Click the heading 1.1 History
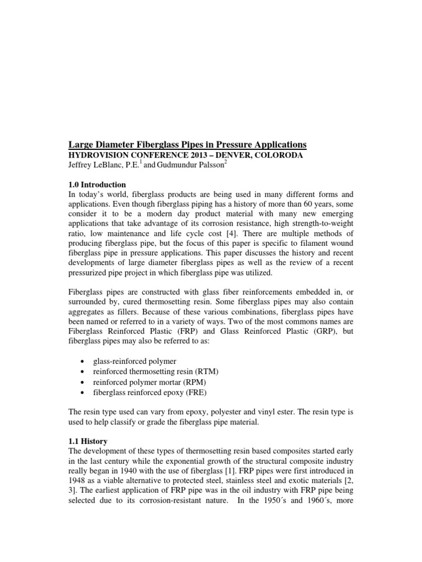point(88,441)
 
